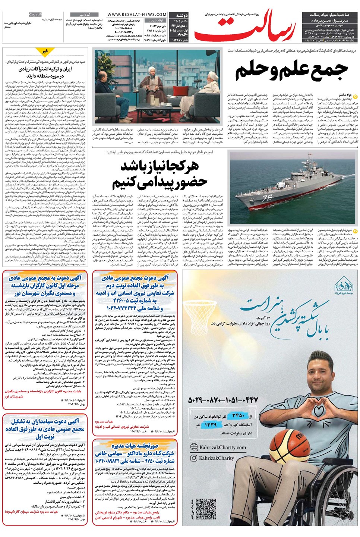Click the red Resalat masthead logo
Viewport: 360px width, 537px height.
click(x=246, y=28)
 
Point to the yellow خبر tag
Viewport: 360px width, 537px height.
click(x=45, y=51)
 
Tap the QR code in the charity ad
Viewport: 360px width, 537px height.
click(x=206, y=509)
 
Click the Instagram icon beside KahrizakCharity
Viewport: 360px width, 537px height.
click(x=194, y=458)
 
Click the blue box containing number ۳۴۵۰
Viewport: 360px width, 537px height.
click(x=238, y=415)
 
